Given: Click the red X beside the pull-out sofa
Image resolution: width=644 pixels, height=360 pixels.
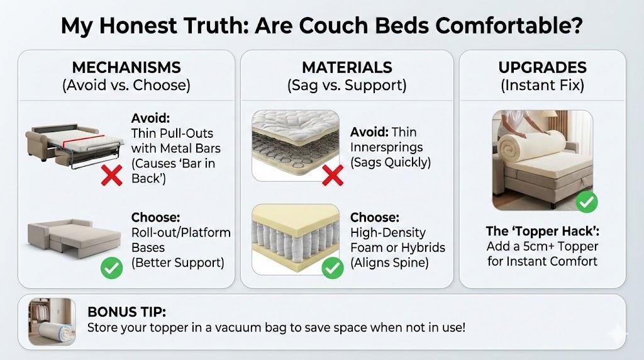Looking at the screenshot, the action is pos(112,176).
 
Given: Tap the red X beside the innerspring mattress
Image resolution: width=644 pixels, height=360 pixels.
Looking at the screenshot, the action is pos(333,176).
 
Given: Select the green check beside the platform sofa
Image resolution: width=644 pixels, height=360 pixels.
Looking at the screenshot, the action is pos(112,268).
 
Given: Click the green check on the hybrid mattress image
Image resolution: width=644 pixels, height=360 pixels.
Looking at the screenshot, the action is pos(333,268).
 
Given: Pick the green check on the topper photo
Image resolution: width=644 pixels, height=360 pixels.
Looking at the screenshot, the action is pos(587,201).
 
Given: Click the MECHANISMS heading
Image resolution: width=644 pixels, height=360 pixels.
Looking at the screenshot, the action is pos(126,67).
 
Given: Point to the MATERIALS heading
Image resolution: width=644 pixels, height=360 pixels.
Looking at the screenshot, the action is pos(347,67).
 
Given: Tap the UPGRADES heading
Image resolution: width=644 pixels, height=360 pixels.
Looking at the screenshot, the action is pos(543,67).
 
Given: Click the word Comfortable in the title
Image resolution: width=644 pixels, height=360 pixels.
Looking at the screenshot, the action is pos(509,25).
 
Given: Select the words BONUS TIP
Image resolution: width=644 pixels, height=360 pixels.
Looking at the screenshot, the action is pos(126,312).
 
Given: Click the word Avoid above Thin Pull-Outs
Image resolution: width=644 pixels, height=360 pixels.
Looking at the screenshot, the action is pos(150,118).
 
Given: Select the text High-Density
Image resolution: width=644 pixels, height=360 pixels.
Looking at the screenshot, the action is pos(387,233).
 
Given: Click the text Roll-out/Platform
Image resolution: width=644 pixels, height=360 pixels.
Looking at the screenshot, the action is pos(180,233).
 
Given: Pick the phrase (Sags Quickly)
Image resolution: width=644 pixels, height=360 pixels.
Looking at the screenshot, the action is pos(390,162).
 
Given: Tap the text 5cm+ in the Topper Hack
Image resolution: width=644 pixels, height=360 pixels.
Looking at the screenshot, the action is pos(535,246).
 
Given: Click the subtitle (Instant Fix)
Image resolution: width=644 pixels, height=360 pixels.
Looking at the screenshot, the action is pos(543,86).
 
